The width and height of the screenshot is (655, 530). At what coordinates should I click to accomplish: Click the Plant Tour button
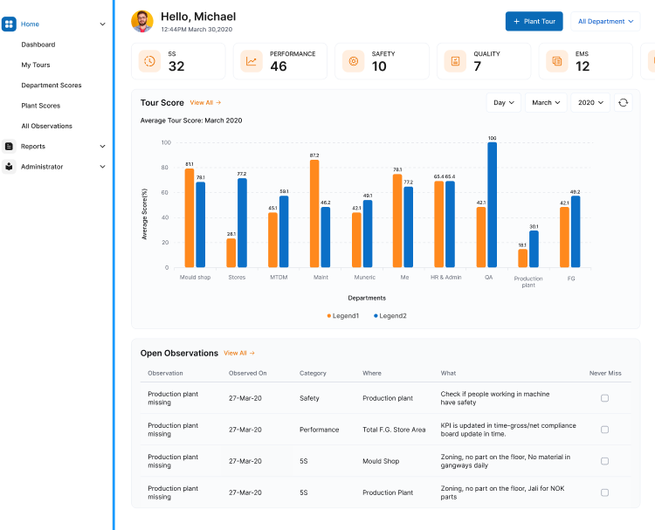[x=534, y=21]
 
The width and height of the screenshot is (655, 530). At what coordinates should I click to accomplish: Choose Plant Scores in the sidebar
[x=41, y=106]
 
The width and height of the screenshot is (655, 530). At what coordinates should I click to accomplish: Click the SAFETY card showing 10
[x=382, y=61]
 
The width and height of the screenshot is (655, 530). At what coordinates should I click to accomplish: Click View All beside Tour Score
[x=205, y=103]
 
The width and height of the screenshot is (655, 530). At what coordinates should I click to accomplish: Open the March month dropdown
[x=546, y=103]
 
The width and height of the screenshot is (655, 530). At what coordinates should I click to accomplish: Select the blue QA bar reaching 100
[x=492, y=205]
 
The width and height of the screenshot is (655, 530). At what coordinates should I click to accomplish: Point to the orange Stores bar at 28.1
[x=231, y=253]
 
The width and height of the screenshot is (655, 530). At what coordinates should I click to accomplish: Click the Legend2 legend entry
[x=390, y=315]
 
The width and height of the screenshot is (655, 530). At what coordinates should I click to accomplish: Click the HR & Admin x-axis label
[x=445, y=278]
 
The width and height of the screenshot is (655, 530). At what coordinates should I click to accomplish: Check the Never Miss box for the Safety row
[x=604, y=398]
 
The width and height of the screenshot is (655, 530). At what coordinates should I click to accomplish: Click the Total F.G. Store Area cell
[x=394, y=430]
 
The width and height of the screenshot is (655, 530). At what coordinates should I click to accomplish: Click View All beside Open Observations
[x=239, y=354]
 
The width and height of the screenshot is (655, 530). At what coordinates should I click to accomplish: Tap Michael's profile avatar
[x=142, y=21]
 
